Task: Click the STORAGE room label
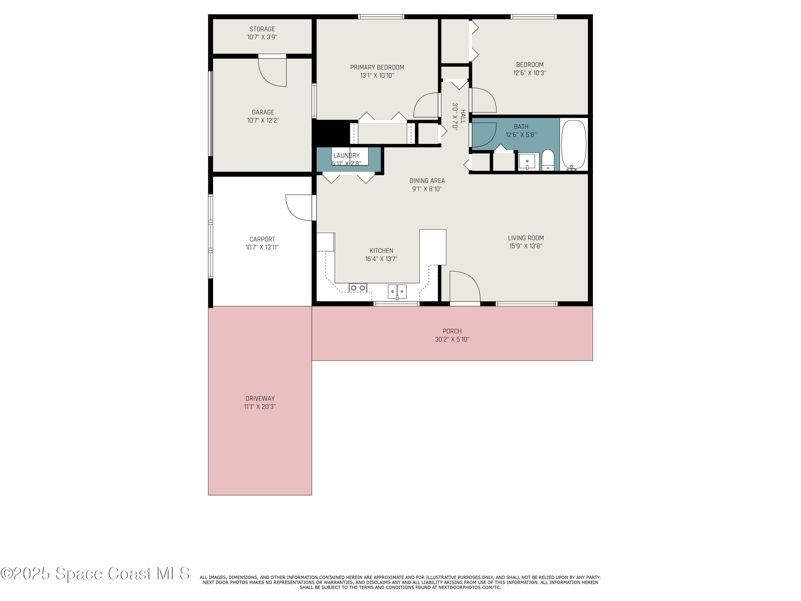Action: click(x=262, y=29)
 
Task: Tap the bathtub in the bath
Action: click(x=573, y=145)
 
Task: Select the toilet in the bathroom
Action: click(x=548, y=160)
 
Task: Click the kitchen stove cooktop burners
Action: click(x=358, y=288)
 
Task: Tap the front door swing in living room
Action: click(x=464, y=286)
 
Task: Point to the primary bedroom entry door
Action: click(x=426, y=105)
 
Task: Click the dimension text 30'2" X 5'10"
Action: click(x=452, y=339)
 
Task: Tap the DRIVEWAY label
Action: click(x=260, y=398)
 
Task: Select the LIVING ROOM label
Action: click(x=525, y=238)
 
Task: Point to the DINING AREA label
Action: click(x=427, y=180)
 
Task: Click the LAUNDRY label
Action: click(x=346, y=155)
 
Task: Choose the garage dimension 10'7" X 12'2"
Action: click(x=263, y=120)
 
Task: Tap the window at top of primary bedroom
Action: click(x=381, y=17)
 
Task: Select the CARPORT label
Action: click(x=262, y=239)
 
